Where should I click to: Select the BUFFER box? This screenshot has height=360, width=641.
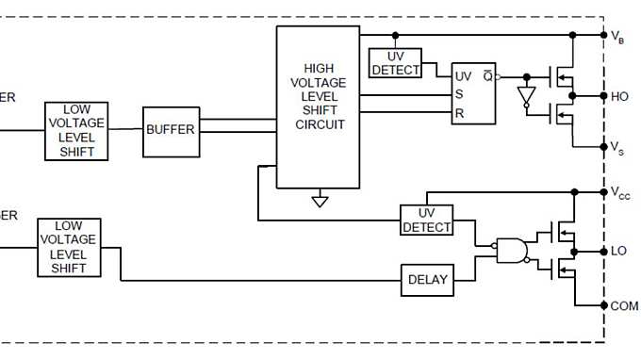pyautogui.click(x=170, y=128)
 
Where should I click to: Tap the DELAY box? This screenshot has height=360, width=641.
pyautogui.click(x=427, y=280)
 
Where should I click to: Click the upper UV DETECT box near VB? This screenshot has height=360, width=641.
pyautogui.click(x=395, y=63)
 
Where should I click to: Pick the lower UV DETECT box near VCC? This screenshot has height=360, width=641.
pyautogui.click(x=427, y=221)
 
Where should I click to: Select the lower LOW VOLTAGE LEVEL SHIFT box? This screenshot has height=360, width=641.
pyautogui.click(x=69, y=247)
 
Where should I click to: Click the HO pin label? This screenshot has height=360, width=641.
pyautogui.click(x=619, y=96)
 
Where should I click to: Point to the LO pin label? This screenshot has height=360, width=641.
pyautogui.click(x=618, y=252)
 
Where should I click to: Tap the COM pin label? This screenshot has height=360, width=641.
pyautogui.click(x=624, y=306)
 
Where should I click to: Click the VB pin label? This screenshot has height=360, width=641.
pyautogui.click(x=617, y=37)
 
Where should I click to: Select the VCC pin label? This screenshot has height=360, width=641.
pyautogui.click(x=620, y=193)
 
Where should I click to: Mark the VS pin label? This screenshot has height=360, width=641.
pyautogui.click(x=617, y=148)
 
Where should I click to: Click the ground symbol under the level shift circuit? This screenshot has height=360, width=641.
pyautogui.click(x=320, y=200)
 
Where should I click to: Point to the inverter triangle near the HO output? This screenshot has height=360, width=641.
pyautogui.click(x=526, y=96)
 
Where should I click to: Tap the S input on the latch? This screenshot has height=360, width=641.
pyautogui.click(x=460, y=94)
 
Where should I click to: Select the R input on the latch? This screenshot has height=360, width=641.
pyautogui.click(x=460, y=113)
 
